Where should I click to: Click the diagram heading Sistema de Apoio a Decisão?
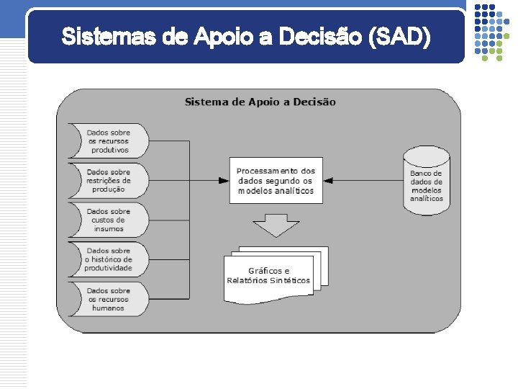click(x=260, y=102)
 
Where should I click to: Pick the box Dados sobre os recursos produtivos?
click(x=109, y=141)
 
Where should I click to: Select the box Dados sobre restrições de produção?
click(x=109, y=180)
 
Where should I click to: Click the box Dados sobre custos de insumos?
click(x=109, y=220)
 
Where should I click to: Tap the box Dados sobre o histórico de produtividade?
click(x=109, y=259)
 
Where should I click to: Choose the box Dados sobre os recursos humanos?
click(x=109, y=299)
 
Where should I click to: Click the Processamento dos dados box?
click(x=276, y=181)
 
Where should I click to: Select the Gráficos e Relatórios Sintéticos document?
click(x=269, y=275)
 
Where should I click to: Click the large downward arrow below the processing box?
click(x=276, y=224)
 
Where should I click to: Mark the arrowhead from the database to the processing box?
click(x=328, y=180)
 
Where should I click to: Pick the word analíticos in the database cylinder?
click(x=427, y=199)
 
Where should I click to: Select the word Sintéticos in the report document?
click(x=291, y=280)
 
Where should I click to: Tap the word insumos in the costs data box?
click(x=109, y=228)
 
